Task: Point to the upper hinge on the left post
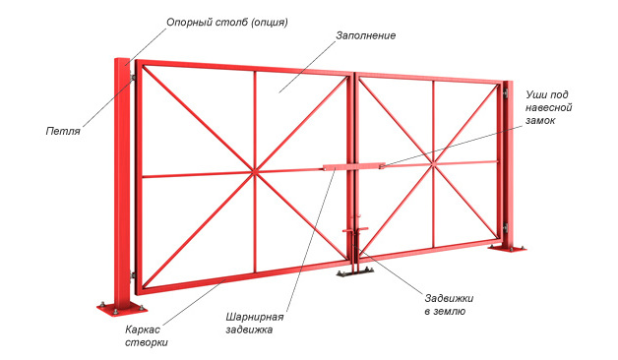click(x=131, y=78)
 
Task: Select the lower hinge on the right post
click(x=507, y=230)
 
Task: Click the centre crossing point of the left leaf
click(x=255, y=173)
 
